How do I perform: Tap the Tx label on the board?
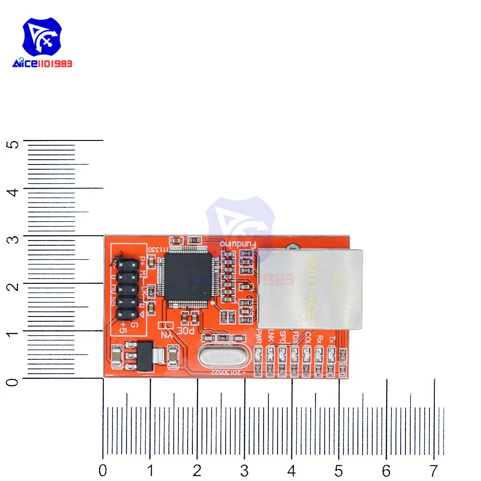[x=330, y=339]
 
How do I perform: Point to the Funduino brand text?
[x=238, y=244]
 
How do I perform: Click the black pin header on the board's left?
[x=126, y=289]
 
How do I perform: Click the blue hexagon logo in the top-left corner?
[x=43, y=38]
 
